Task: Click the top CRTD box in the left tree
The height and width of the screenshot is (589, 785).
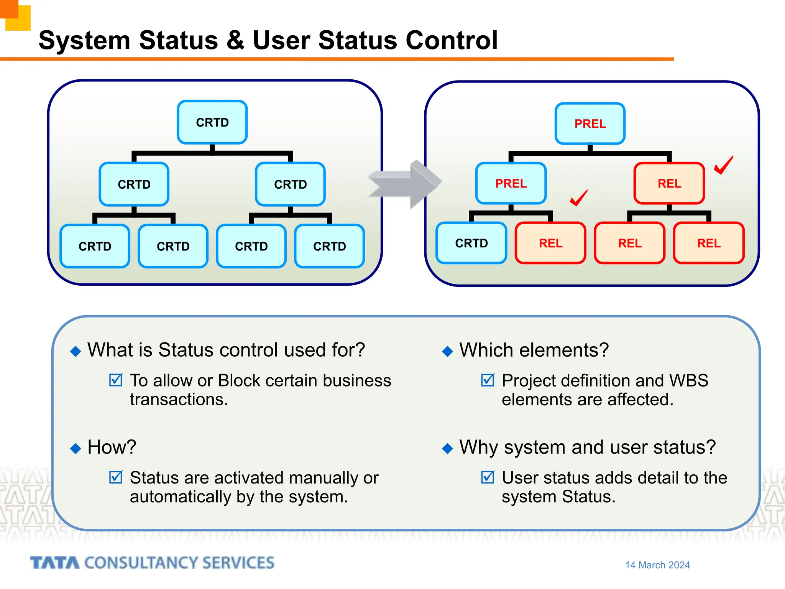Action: [212, 122]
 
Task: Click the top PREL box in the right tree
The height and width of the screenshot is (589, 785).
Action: [590, 123]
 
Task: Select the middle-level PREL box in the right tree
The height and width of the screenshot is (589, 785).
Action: [511, 183]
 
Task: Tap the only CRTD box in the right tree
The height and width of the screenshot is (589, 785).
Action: [471, 243]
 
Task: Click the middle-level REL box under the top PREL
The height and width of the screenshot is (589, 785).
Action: [669, 183]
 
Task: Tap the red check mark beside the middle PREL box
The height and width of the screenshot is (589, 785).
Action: [578, 198]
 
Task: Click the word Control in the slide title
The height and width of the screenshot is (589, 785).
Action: [452, 40]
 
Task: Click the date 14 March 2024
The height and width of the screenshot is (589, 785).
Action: [657, 565]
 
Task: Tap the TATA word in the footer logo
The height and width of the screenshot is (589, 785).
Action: [55, 563]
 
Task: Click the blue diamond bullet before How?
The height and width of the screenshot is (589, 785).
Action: [76, 448]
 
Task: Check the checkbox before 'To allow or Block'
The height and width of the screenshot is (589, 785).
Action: [115, 380]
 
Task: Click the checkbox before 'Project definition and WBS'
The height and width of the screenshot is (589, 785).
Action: [488, 380]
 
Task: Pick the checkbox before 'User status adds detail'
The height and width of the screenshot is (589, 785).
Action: [488, 477]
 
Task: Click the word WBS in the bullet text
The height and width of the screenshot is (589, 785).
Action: [688, 381]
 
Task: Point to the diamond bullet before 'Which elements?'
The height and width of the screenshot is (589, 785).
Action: [447, 351]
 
